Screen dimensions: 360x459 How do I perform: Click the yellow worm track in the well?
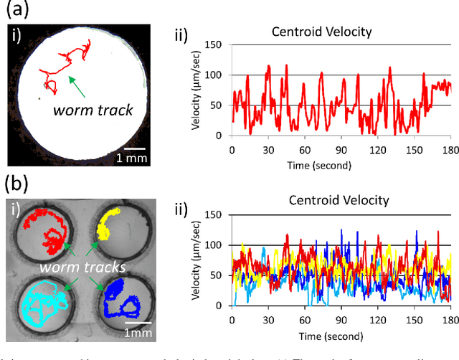tap(110, 222)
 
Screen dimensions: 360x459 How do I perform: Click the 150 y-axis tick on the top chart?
tap(214, 45)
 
